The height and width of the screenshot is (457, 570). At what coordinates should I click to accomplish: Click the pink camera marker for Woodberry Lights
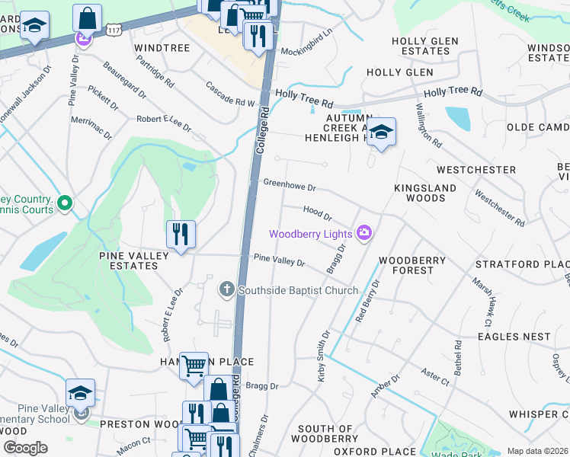coord(365,233)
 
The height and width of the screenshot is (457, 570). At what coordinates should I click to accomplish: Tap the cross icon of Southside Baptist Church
coord(226,289)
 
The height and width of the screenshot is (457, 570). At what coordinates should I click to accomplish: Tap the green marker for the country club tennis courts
coord(65,203)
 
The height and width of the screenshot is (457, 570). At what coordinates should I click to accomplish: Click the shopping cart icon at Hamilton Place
coord(194,366)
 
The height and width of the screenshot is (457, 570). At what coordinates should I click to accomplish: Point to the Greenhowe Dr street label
coord(289,184)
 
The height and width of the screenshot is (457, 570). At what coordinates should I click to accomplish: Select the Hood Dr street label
coord(317,213)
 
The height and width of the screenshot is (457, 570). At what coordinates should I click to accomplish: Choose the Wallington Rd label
coord(430,126)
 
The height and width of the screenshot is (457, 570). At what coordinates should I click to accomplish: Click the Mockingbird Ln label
coord(307,42)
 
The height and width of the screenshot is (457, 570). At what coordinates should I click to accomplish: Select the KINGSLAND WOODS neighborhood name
coord(425,193)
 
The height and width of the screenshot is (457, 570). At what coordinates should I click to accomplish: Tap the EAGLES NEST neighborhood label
coord(514,336)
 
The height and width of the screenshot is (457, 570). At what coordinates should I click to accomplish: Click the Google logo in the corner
coord(25,448)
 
